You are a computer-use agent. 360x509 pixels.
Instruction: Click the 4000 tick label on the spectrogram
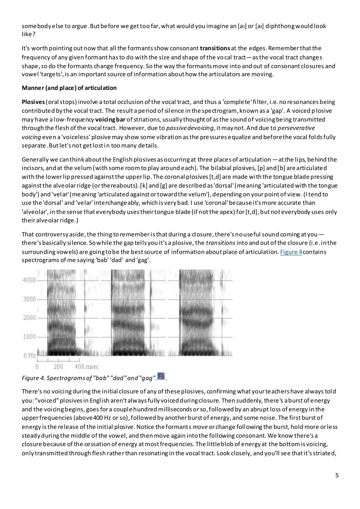(29, 280)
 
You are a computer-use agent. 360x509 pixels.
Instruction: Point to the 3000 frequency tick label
(29, 299)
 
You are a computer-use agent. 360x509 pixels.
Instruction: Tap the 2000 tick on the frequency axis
(29, 318)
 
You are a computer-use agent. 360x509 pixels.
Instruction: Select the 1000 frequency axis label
(29, 337)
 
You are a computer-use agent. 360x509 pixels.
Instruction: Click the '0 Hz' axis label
(30, 355)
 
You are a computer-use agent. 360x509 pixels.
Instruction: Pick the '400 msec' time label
(87, 367)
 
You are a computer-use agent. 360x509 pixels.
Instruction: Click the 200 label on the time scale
(58, 367)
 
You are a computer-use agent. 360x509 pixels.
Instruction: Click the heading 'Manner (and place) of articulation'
(69, 88)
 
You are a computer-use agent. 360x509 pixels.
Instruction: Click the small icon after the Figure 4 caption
(161, 377)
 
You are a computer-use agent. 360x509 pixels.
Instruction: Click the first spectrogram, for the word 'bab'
(65, 313)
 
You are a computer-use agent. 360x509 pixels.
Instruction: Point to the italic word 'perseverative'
(296, 128)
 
